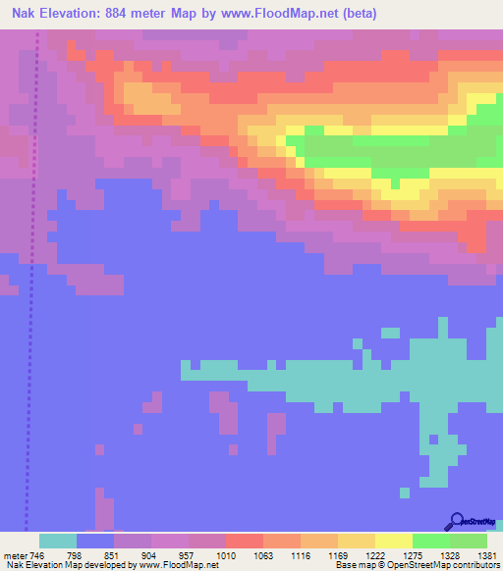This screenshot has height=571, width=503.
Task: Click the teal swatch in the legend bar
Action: (57, 542)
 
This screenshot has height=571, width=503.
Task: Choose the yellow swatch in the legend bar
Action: (393, 542)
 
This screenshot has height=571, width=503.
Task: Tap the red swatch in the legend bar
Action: (244, 542)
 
